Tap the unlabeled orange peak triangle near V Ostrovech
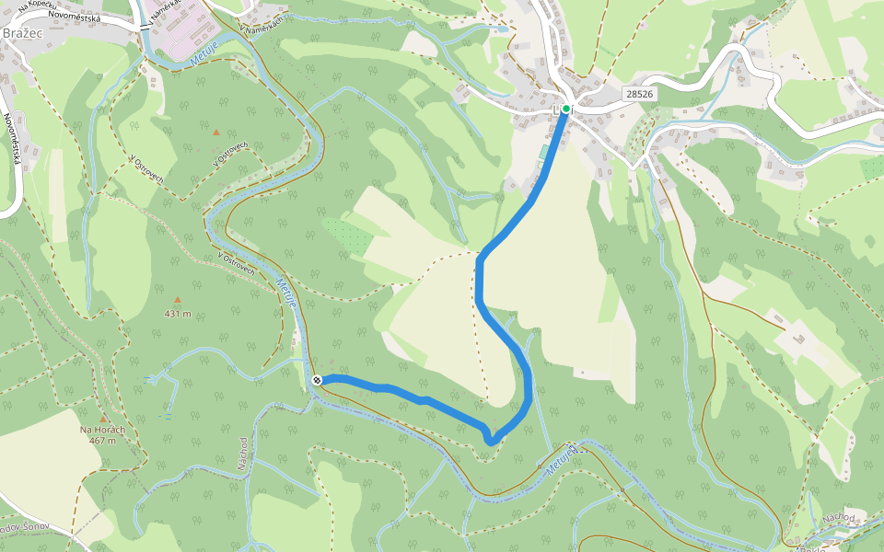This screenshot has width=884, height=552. click(216, 132)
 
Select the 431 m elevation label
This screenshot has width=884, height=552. click(178, 314)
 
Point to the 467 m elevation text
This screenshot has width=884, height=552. click(102, 441)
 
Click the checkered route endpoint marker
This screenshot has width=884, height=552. click(317, 380)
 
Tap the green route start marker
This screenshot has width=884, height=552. click(566, 109)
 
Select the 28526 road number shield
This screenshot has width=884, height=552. click(638, 94)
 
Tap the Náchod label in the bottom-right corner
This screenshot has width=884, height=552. click(839, 518)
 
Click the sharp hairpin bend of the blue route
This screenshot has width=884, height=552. click(491, 441)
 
